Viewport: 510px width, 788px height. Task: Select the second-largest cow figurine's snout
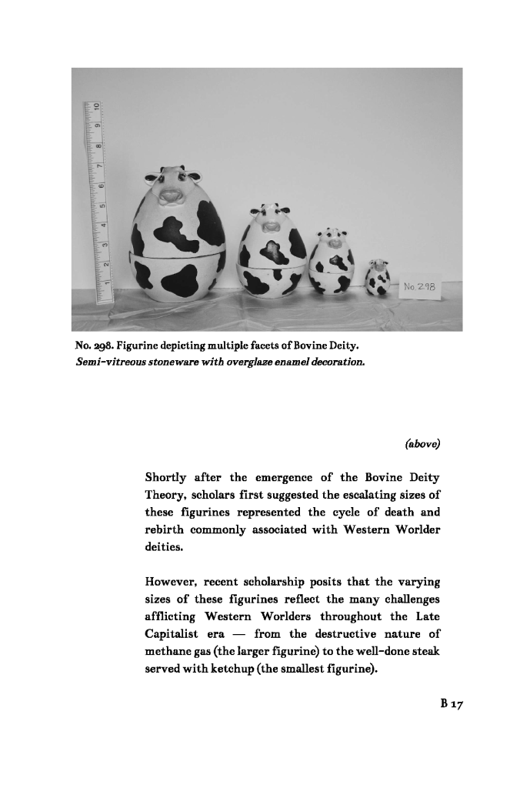click(x=269, y=226)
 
